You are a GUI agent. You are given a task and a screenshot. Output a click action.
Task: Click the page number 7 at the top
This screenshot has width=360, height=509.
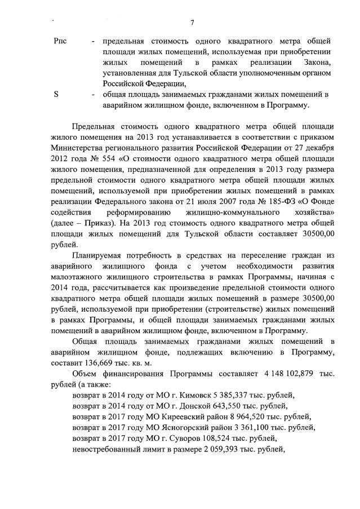(x=192, y=23)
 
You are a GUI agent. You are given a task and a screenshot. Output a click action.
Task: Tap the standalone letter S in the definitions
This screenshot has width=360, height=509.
(x=56, y=94)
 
